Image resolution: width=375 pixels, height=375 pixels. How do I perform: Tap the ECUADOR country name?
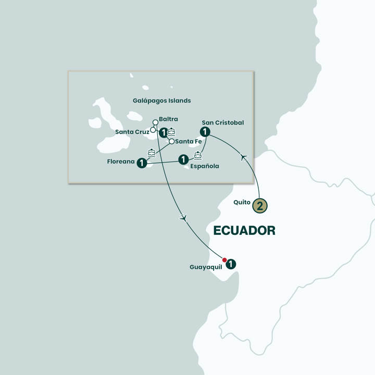[244, 230]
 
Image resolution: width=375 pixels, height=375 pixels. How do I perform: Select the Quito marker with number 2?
[260, 205]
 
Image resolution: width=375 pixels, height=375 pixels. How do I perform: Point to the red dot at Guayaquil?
[224, 260]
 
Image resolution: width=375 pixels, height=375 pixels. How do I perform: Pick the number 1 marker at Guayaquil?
[231, 265]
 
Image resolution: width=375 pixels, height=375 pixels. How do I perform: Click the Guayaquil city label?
[206, 267]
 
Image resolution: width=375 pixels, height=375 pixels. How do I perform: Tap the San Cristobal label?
[222, 123]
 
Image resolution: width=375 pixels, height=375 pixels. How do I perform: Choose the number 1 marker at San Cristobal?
[205, 132]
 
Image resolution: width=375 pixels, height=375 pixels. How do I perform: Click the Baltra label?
[169, 119]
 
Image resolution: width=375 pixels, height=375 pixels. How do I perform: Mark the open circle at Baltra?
[155, 123]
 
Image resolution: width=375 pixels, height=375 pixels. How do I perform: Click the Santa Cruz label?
[132, 132]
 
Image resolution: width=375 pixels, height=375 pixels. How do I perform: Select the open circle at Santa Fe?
[171, 141]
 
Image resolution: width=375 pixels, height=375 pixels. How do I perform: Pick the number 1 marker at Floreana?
[141, 164]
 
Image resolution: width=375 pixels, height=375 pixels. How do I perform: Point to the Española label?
[205, 166]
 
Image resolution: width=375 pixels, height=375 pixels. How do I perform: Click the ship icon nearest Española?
[198, 155]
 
